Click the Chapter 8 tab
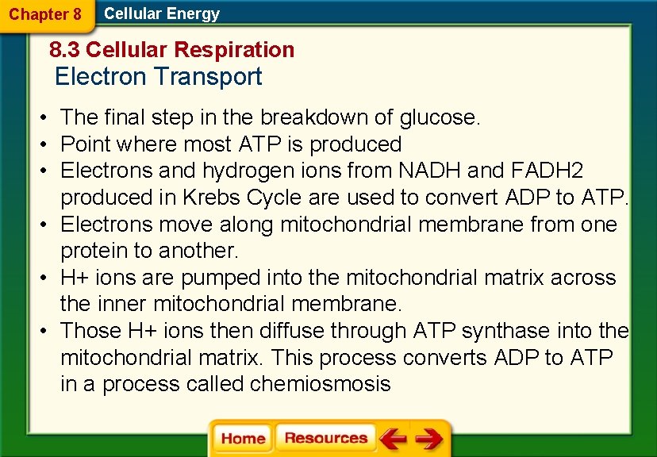[45, 14]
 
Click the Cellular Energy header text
[162, 13]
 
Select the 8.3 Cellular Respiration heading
[171, 50]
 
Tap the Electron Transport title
[158, 77]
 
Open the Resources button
[325, 438]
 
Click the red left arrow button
[393, 438]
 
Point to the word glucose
[440, 118]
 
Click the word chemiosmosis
[320, 385]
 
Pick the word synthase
[505, 331]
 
